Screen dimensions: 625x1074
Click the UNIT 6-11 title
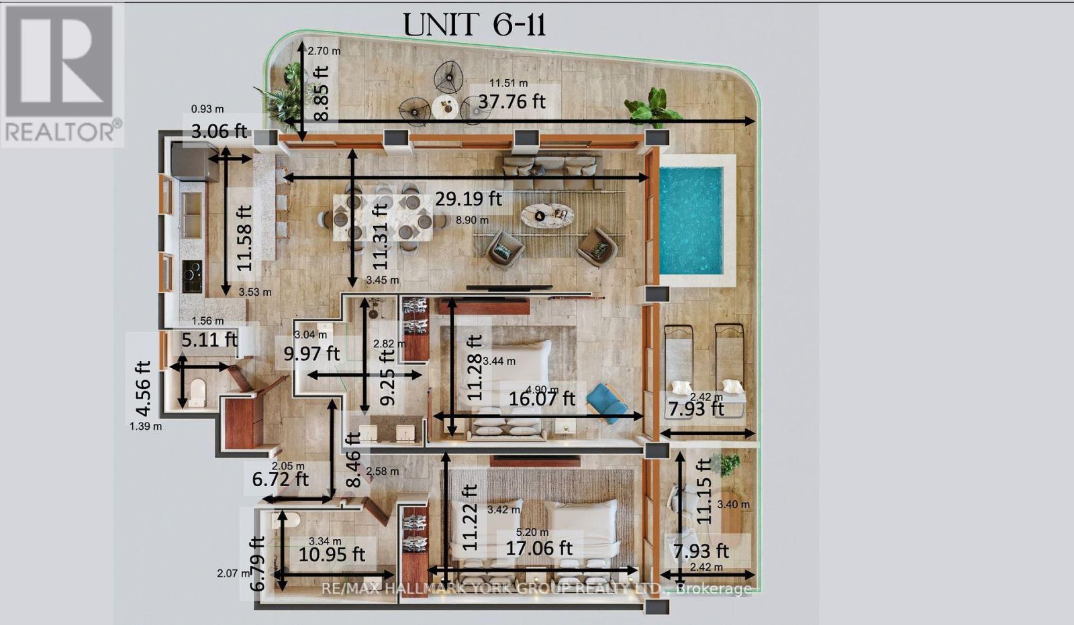click(475, 25)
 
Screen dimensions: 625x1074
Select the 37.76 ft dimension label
click(511, 101)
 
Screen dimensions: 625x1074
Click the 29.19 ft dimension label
click(469, 198)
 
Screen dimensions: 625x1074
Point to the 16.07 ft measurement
click(542, 398)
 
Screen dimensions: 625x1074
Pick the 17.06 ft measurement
click(539, 548)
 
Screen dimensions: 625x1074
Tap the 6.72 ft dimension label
click(280, 479)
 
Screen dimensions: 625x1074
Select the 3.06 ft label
click(219, 131)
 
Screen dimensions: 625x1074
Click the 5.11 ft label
click(209, 339)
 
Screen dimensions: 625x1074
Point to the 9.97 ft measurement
click(311, 353)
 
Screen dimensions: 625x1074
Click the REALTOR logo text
click(62, 131)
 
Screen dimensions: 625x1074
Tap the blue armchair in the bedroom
click(607, 403)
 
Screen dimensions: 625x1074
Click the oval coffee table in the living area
click(548, 215)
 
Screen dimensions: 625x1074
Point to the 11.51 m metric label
click(508, 83)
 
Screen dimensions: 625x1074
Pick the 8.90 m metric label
click(472, 220)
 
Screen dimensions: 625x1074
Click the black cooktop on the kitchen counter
click(193, 276)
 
